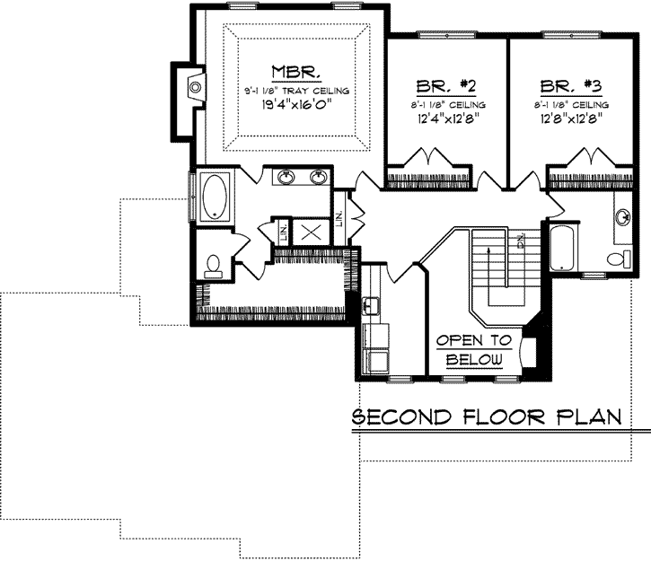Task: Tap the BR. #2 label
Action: pos(444,86)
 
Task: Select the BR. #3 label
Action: pos(569,86)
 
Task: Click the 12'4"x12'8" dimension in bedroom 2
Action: pos(445,117)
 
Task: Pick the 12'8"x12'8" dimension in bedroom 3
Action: pos(570,117)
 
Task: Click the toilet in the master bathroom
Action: pos(213,264)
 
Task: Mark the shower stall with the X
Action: pos(311,232)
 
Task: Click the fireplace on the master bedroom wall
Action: pos(193,87)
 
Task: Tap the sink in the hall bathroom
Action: pos(622,216)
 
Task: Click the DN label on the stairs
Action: pos(521,241)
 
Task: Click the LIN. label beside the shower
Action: pos(285,233)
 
